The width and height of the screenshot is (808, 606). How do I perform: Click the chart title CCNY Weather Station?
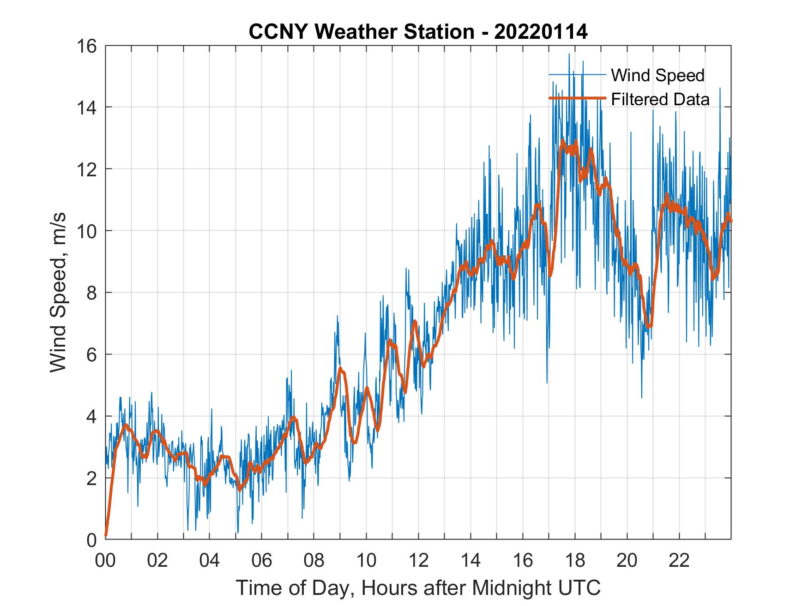pyautogui.click(x=361, y=32)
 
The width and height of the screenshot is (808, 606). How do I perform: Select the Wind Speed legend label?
pyautogui.click(x=657, y=75)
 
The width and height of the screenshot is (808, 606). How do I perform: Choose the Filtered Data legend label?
pyautogui.click(x=660, y=99)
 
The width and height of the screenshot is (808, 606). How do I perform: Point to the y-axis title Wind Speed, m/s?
pyautogui.click(x=59, y=292)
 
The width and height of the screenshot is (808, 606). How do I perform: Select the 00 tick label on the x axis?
pyautogui.click(x=105, y=560)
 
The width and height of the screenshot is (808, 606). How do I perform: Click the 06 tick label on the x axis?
pyautogui.click(x=262, y=560)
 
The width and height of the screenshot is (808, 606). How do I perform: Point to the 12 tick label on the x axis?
pyautogui.click(x=418, y=560)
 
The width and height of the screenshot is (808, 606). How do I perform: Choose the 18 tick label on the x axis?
pyautogui.click(x=575, y=560)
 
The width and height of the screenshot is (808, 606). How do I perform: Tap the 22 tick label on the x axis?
pyautogui.click(x=679, y=560)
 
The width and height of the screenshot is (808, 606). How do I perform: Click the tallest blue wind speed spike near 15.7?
pyautogui.click(x=569, y=54)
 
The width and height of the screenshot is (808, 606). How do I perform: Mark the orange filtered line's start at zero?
pyautogui.click(x=106, y=535)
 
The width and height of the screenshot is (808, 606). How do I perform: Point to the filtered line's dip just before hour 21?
pyautogui.click(x=649, y=326)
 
